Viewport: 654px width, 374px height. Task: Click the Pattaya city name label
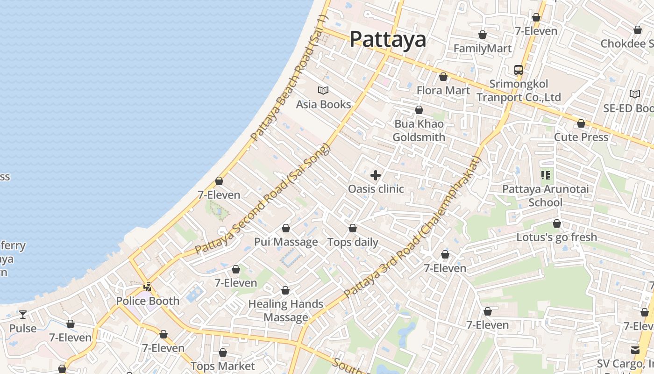click(x=388, y=39)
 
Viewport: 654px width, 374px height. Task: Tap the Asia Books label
click(x=323, y=104)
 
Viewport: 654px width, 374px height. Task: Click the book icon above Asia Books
click(x=323, y=91)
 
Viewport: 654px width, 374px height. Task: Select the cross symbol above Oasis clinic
click(x=376, y=176)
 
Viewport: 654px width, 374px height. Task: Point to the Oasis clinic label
click(x=376, y=189)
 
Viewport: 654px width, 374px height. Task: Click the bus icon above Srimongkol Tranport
click(x=519, y=70)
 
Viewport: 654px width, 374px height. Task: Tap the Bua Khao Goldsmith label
click(x=419, y=130)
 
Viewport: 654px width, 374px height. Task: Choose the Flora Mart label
click(x=443, y=90)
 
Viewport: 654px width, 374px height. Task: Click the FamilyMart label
click(x=483, y=48)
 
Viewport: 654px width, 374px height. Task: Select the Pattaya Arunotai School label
click(x=545, y=196)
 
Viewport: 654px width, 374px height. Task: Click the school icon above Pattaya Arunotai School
click(x=545, y=176)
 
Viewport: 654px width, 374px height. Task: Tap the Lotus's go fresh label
click(x=556, y=237)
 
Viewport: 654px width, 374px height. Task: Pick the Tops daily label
click(x=353, y=242)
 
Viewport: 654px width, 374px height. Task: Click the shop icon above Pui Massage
click(x=285, y=229)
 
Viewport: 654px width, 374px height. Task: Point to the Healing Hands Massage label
click(x=285, y=310)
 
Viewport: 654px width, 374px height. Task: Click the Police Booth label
click(x=148, y=301)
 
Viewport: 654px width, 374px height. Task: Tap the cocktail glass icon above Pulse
click(x=23, y=315)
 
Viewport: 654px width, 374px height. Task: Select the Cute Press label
click(x=581, y=137)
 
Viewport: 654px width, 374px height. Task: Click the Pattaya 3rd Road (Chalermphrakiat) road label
click(x=413, y=227)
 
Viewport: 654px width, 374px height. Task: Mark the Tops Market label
click(x=223, y=366)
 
